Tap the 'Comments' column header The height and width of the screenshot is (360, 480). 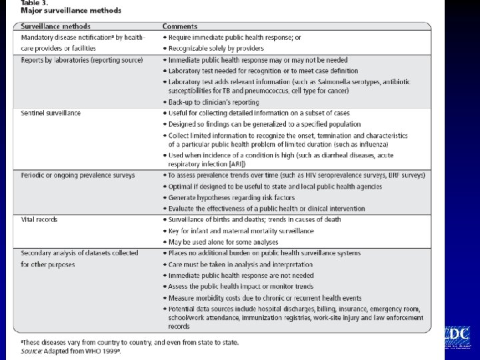point(180,26)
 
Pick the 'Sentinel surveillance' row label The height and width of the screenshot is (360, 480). point(51,113)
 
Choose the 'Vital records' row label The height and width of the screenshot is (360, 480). point(39,219)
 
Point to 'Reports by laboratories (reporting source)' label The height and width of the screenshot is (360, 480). point(81,60)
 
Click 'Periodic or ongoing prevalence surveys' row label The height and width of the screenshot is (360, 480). point(77,175)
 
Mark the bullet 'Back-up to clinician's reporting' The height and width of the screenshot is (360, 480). point(213,102)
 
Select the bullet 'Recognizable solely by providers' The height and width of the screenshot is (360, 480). point(216,48)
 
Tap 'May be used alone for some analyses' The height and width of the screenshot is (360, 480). point(223,241)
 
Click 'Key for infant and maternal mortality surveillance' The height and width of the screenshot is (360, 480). point(241,231)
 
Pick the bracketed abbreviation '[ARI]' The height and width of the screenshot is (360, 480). point(235,164)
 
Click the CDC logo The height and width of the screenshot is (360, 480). point(456,336)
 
